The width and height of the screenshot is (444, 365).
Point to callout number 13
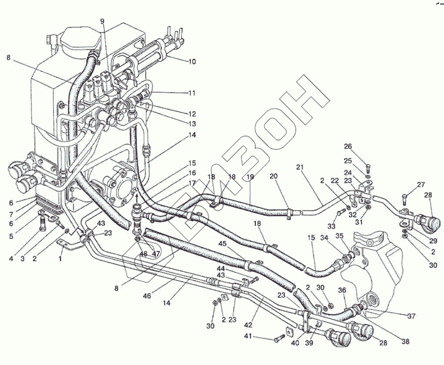pos(191,123)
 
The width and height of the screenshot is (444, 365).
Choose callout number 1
pos(60,259)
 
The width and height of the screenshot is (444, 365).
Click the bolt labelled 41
pos(279,337)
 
